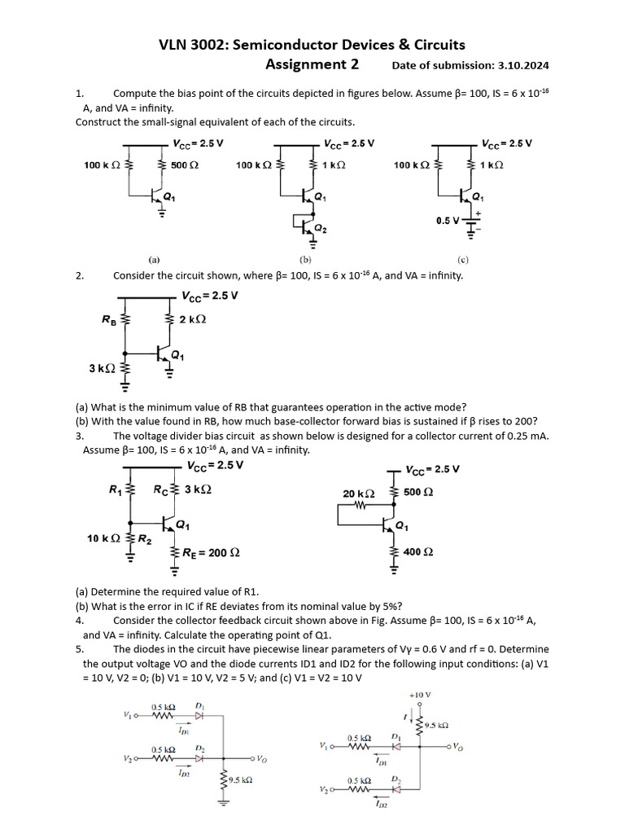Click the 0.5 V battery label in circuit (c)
[448, 221]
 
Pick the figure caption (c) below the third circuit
[462, 261]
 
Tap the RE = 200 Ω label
[210, 553]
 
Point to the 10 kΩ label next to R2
[103, 538]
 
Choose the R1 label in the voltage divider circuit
[115, 489]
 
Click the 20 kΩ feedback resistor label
[359, 494]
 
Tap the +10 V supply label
[420, 695]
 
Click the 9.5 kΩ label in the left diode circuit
[240, 779]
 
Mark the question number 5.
[79, 649]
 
